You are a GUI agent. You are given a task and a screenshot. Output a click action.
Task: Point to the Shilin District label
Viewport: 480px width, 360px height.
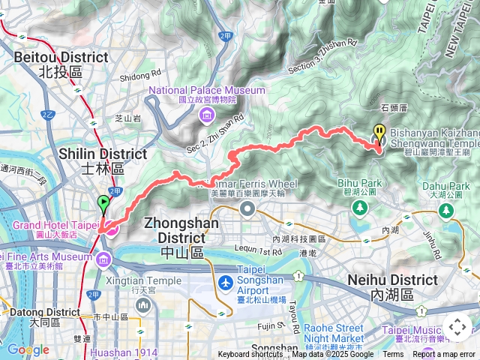click(103, 160)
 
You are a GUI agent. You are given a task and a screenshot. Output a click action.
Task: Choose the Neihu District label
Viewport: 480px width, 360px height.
click(392, 286)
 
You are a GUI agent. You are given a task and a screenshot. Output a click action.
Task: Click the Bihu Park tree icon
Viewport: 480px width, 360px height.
click(362, 206)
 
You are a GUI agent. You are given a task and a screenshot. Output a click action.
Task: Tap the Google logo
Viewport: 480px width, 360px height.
click(28, 350)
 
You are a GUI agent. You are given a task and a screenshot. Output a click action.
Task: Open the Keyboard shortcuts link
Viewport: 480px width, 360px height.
click(250, 355)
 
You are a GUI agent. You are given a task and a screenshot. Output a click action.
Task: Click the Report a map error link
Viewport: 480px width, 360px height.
click(444, 355)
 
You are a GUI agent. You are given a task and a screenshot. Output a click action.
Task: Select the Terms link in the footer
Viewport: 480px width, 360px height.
click(393, 355)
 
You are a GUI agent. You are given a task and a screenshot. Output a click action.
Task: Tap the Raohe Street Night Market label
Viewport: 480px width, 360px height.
click(333, 333)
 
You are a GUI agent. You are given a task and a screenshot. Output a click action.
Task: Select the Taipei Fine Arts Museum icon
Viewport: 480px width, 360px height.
click(103, 260)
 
